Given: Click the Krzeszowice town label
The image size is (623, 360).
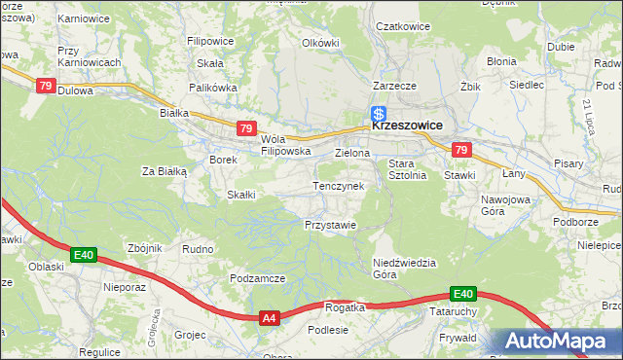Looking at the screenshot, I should (407, 126).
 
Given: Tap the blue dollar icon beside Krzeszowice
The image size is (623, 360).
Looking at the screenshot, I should (379, 114).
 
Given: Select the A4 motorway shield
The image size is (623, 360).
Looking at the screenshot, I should (270, 317).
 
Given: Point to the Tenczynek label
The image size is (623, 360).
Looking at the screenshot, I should (338, 185).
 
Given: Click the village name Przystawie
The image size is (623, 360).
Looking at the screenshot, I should (330, 224).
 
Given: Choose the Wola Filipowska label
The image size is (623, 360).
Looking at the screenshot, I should (284, 145).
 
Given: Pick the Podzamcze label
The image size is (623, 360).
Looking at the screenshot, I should (257, 278).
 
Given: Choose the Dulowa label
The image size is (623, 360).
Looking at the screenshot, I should (75, 90).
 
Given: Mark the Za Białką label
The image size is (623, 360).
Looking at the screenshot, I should (164, 171).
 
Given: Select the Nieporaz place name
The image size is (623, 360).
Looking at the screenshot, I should (124, 288).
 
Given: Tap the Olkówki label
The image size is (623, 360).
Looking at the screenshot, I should (320, 43).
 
